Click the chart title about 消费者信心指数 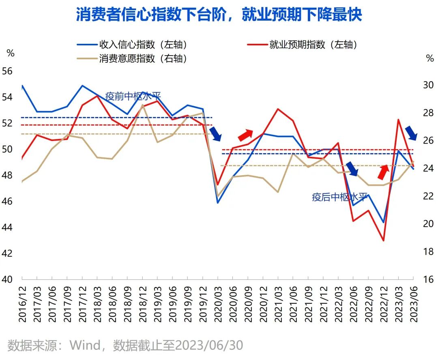(219, 15)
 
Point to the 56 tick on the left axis (8, 71)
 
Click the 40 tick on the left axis (8, 279)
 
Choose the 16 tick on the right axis (428, 279)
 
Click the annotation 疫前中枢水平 (133, 96)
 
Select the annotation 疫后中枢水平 (340, 197)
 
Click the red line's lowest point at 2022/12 (383, 241)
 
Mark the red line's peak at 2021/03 (278, 109)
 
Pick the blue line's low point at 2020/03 (218, 203)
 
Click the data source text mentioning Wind (125, 345)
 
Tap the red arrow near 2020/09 (245, 135)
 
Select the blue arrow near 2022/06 (352, 169)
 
